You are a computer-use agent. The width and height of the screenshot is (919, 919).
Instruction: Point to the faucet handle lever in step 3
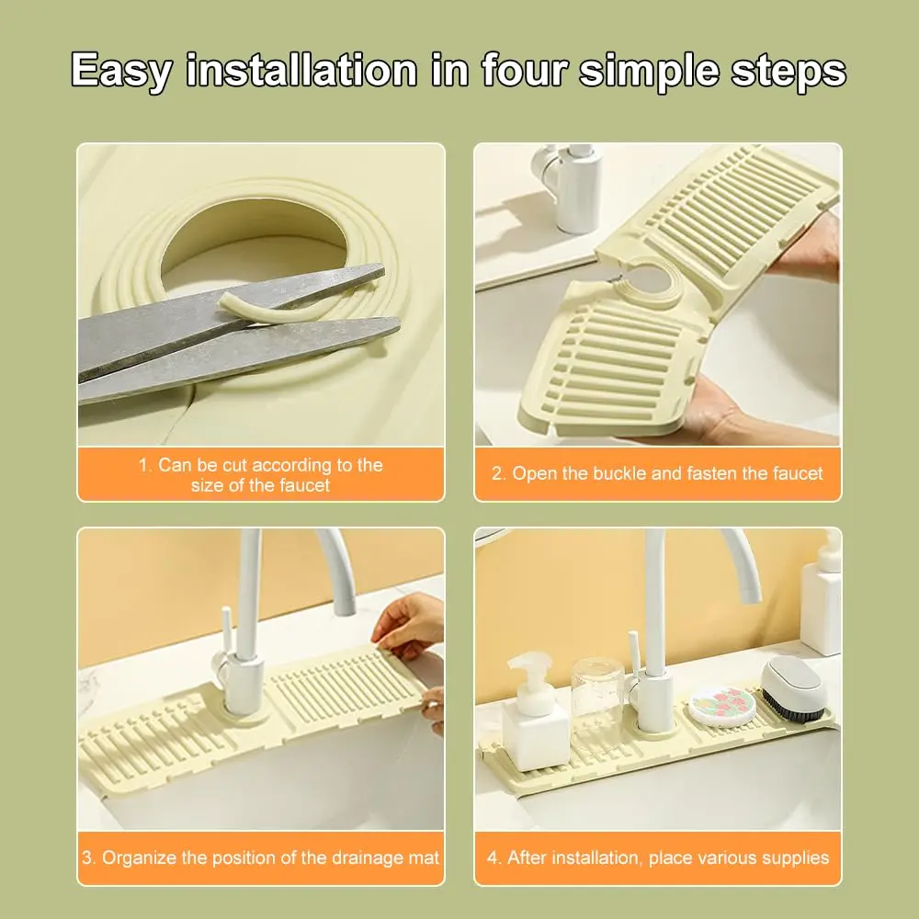point(222,634)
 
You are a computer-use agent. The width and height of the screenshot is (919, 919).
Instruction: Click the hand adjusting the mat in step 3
point(409,625)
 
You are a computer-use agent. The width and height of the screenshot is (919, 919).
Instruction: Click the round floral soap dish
point(721,706)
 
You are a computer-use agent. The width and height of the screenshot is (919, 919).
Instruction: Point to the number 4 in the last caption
point(492,858)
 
